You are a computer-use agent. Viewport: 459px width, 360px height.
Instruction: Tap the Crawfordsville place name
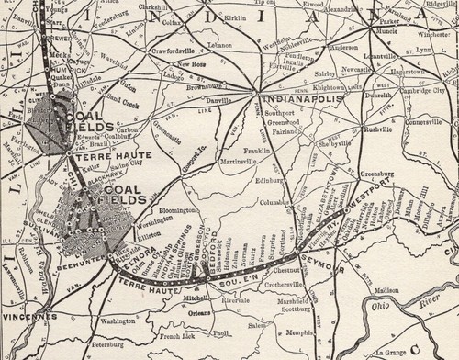(147, 51)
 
